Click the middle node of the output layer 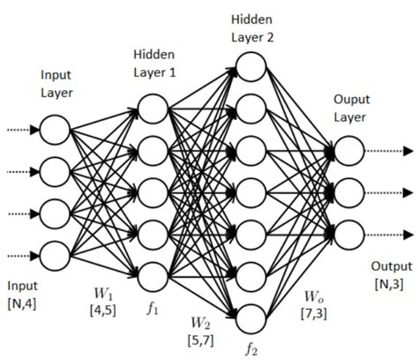(349, 191)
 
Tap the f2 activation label (251, 348)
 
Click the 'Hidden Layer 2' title (252, 26)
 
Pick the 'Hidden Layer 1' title (155, 64)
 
